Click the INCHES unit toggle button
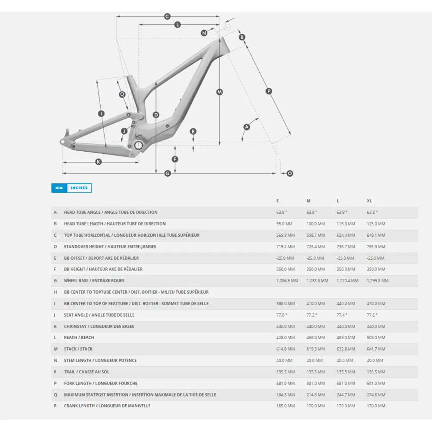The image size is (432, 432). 79,188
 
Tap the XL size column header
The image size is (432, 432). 369,201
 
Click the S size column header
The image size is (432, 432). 278,201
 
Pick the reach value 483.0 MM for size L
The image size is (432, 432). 346,337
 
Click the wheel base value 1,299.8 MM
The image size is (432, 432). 378,280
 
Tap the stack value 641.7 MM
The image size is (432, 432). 376,349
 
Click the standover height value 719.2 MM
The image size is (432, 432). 286,247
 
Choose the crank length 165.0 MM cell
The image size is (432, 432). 286,406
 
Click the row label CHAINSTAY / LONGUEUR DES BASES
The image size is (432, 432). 99,326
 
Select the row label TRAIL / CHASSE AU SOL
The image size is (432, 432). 86,372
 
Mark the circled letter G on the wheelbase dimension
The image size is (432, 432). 168,173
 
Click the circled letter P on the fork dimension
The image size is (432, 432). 269,91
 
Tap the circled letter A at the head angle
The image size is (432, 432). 247,127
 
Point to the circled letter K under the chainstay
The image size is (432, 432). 98,162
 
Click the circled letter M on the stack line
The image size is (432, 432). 219,92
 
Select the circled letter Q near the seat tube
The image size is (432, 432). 122,94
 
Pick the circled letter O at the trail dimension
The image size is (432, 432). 290,173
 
